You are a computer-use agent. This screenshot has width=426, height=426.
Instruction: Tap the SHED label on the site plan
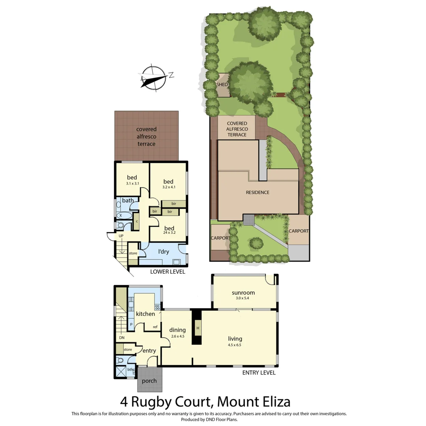click(222, 84)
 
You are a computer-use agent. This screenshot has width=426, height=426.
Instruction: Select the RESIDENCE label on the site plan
click(257, 192)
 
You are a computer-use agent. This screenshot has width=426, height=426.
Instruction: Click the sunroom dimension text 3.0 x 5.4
click(243, 299)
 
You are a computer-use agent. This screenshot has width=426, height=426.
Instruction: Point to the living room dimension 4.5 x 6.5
click(235, 345)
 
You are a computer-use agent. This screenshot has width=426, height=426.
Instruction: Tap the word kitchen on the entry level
click(145, 314)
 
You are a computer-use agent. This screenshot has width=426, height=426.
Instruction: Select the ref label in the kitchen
click(155, 327)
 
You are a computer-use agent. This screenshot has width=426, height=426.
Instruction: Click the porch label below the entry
click(149, 381)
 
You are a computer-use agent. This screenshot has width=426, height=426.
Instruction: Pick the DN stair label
click(121, 338)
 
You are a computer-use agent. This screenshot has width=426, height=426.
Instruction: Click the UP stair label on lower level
click(121, 236)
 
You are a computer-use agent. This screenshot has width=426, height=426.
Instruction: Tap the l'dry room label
click(163, 251)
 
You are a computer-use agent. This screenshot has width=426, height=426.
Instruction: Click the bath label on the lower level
click(128, 200)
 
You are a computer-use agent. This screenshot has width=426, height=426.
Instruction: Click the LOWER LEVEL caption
click(168, 272)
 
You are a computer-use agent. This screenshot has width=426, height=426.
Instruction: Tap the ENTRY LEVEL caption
click(259, 373)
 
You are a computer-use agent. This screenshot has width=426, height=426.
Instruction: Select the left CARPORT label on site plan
click(220, 238)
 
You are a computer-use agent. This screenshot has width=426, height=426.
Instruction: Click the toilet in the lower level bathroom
click(121, 226)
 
